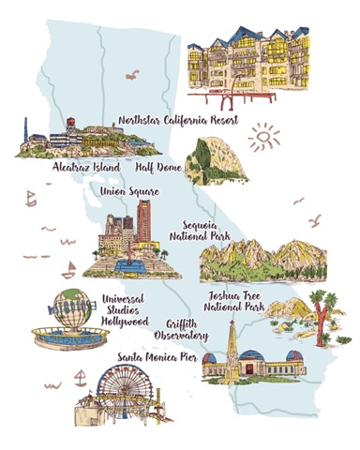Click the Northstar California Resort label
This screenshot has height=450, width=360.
pos(178,121)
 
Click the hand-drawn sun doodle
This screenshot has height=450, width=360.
pos(265,139)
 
